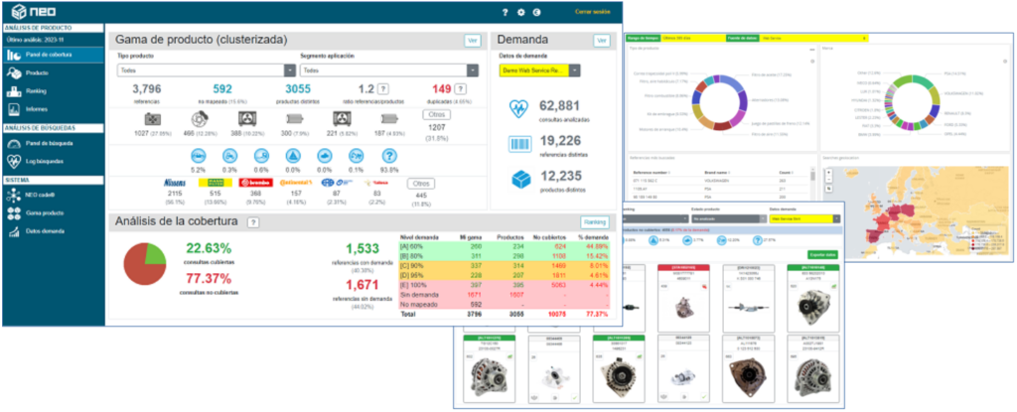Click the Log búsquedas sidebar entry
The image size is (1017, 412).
click(45, 160)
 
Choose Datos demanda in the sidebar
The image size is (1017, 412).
click(44, 231)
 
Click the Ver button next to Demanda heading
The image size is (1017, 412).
click(601, 40)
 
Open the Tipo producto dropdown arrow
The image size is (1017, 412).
click(290, 70)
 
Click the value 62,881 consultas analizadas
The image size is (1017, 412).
click(559, 106)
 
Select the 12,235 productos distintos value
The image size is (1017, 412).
click(559, 176)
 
